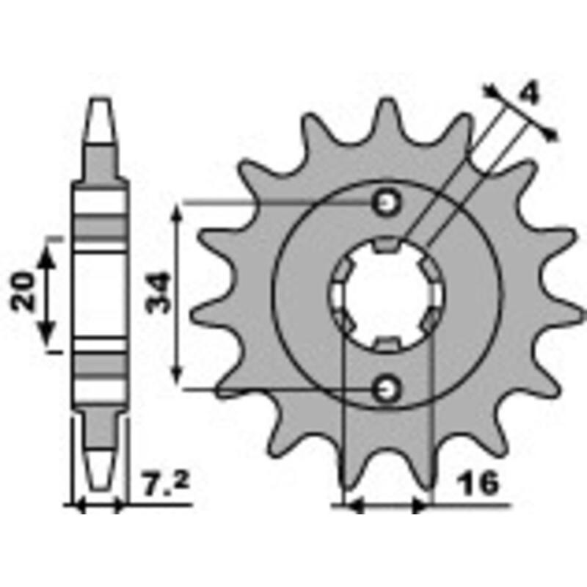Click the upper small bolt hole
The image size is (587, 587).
[386, 203]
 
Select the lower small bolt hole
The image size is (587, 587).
[386, 389]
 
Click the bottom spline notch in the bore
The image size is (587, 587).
[386, 345]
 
